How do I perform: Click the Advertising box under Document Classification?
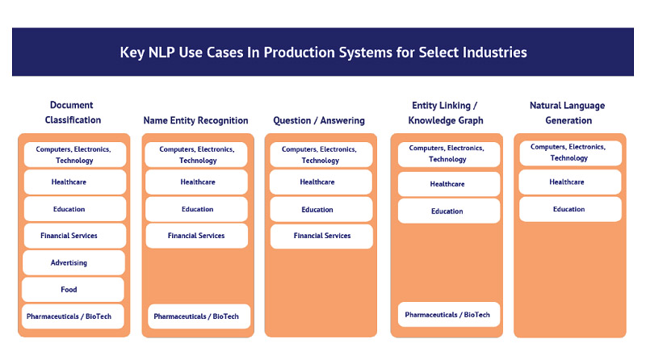click(73, 263)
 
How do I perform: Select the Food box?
click(73, 290)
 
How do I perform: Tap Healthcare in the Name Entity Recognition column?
click(196, 182)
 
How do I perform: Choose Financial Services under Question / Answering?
click(321, 236)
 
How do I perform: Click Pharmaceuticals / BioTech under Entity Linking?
click(449, 315)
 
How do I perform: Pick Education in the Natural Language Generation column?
click(570, 209)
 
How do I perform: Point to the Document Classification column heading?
click(73, 112)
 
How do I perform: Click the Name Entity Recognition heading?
click(195, 120)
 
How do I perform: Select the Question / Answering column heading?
click(319, 120)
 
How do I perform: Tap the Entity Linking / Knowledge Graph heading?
click(446, 113)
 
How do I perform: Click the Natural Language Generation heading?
click(568, 113)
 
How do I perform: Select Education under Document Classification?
click(75, 209)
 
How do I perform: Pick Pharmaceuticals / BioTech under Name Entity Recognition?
click(199, 316)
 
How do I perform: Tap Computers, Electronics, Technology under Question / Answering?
click(321, 154)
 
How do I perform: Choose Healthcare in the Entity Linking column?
click(449, 184)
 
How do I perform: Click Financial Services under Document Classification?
click(75, 236)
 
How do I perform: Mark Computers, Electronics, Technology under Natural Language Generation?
click(570, 153)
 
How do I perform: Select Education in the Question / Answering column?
click(321, 210)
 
